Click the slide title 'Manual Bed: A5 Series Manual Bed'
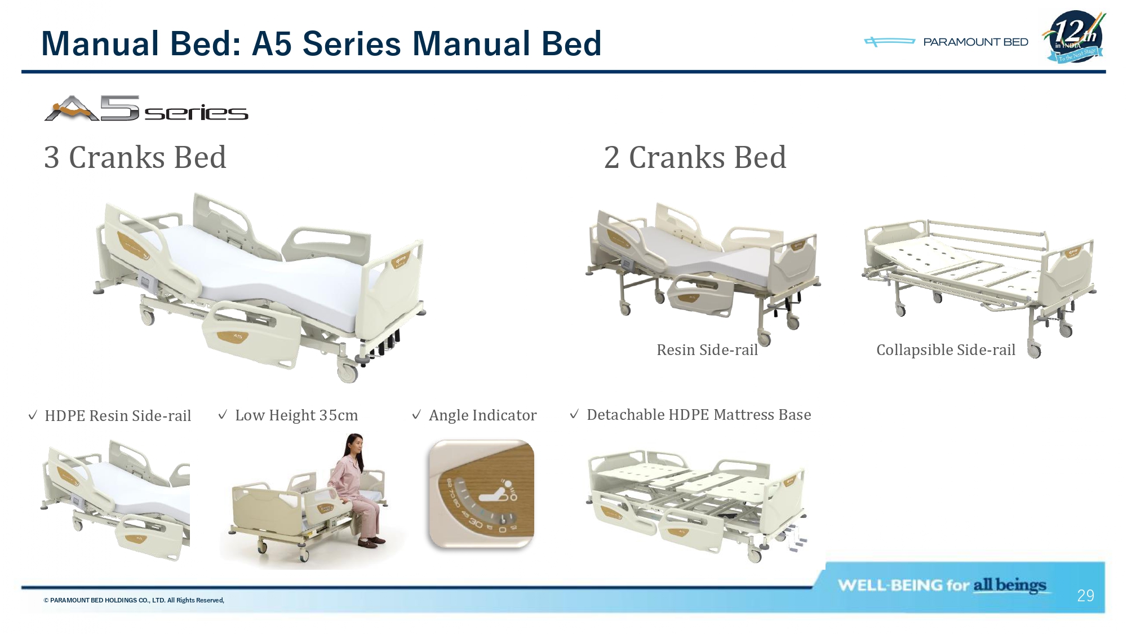point(321,43)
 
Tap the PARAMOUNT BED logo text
point(975,42)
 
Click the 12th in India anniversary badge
point(1075,37)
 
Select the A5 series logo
point(147,108)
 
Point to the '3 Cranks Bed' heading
point(135,157)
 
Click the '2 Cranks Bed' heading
point(695,157)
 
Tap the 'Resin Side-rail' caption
point(707,350)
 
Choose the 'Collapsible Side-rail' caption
point(946,350)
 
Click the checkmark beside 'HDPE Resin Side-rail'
point(33,415)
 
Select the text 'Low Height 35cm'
point(296,415)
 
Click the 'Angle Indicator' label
point(482,415)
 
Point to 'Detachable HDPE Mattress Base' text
point(699,415)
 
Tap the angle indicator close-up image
point(481,494)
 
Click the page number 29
point(1085,596)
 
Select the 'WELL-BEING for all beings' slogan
point(942,586)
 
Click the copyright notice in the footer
point(134,600)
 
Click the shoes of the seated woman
point(372,543)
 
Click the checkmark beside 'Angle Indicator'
point(416,415)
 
